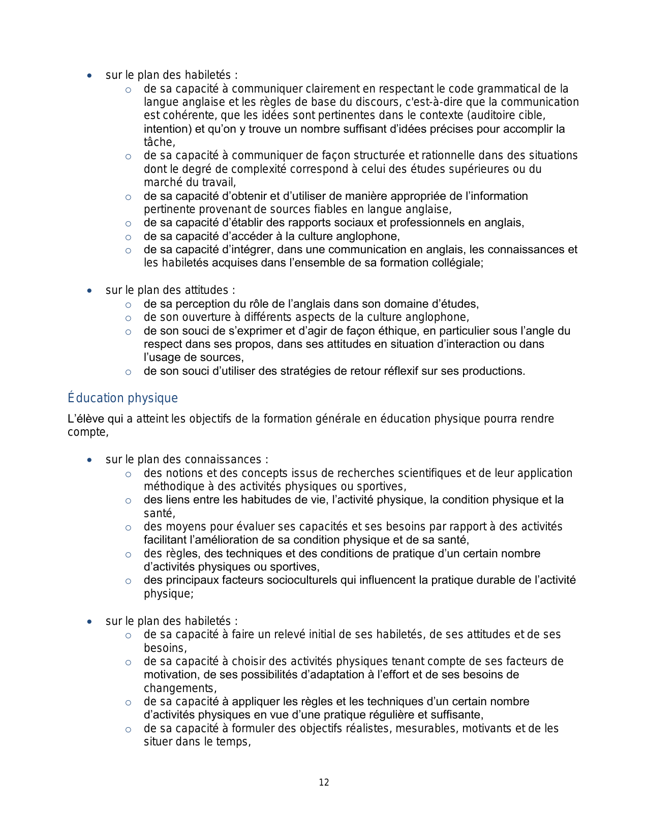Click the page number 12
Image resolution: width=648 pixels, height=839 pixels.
click(324, 783)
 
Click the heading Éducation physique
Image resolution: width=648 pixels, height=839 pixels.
click(122, 398)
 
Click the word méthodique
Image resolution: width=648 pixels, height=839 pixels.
click(172, 487)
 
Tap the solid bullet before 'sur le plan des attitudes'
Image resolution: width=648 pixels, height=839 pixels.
click(89, 291)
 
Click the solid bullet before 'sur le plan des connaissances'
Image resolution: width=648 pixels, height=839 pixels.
click(89, 460)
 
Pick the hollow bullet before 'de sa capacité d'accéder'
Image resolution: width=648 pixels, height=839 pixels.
click(129, 237)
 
